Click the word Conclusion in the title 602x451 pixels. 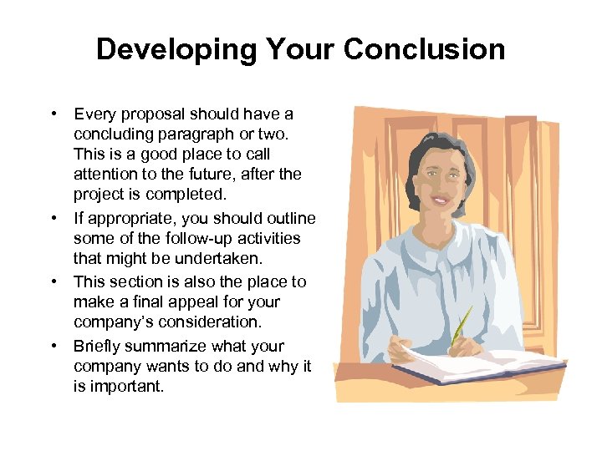(x=424, y=50)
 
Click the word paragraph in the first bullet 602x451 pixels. (x=198, y=134)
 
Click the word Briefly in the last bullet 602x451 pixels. (x=95, y=346)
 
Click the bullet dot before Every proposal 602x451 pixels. (x=53, y=114)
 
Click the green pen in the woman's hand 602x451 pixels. (x=461, y=326)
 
